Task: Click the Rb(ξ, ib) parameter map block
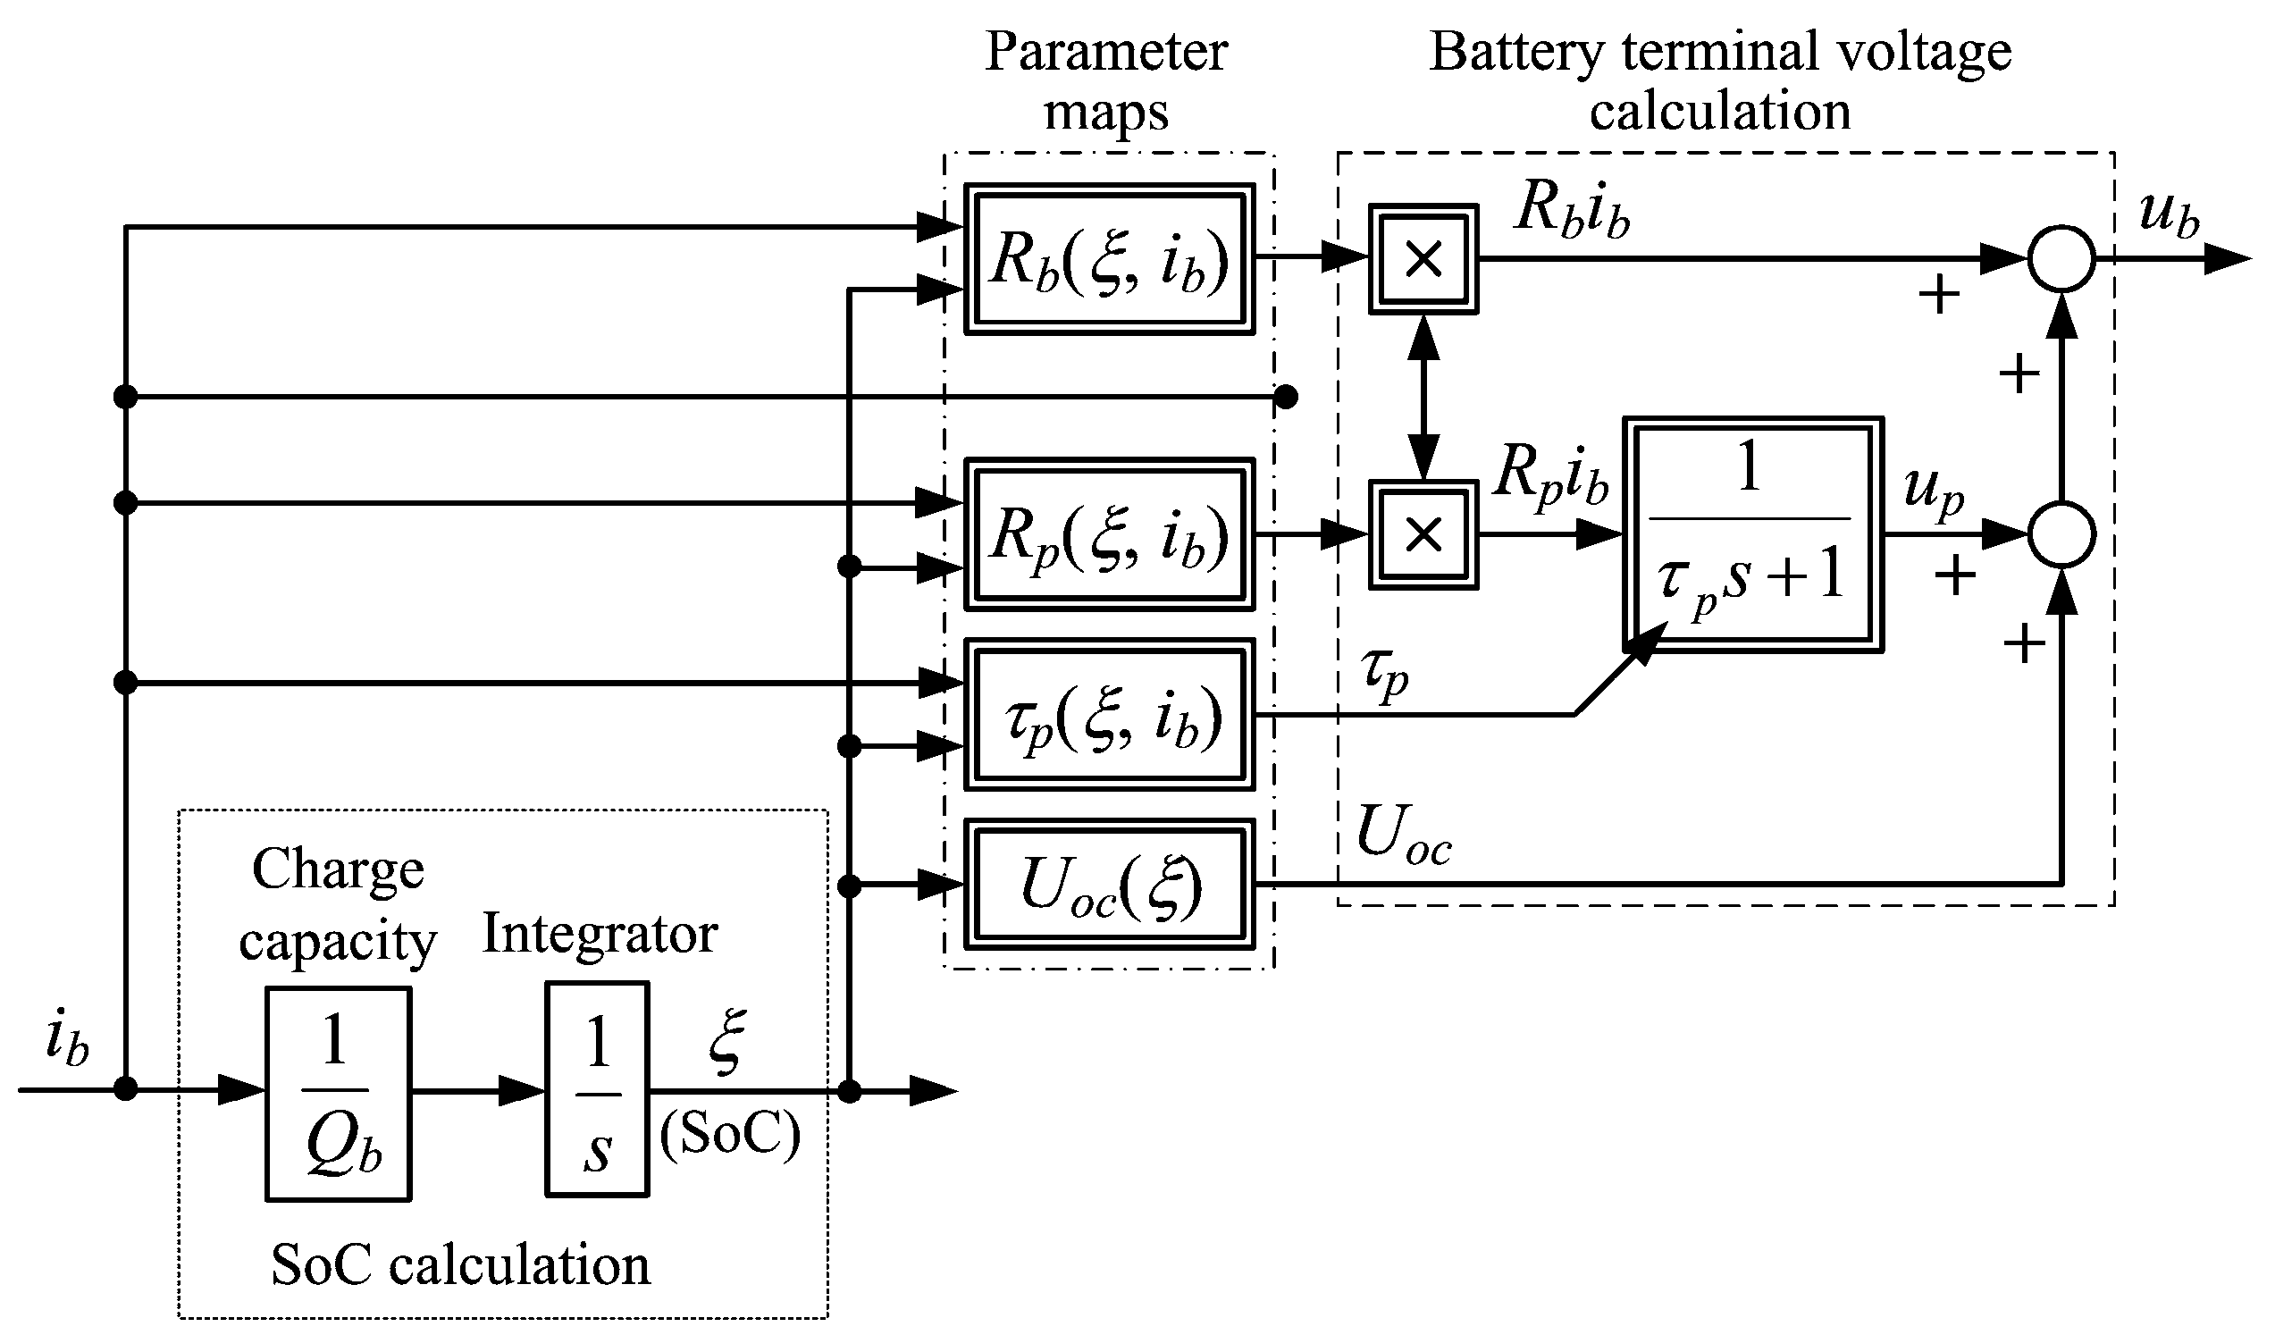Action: coord(1109,259)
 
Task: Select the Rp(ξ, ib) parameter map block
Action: coord(1109,534)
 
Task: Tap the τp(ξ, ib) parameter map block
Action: coord(1109,714)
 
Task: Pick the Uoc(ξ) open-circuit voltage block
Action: coord(1109,885)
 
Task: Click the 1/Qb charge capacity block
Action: coord(338,1094)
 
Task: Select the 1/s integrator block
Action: coord(597,1089)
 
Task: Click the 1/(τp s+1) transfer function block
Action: coord(1752,534)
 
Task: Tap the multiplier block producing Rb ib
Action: coord(1423,259)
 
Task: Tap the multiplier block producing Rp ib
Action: coord(1423,534)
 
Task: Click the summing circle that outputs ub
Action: coord(2061,259)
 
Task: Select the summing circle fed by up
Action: coord(2061,534)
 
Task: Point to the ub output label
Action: coord(2168,214)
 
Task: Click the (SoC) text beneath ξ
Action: coord(729,1133)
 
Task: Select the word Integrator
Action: coord(600,933)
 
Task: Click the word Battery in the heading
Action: coord(1515,53)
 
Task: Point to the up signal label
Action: coord(1933,492)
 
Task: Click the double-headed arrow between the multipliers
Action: coord(1423,397)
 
